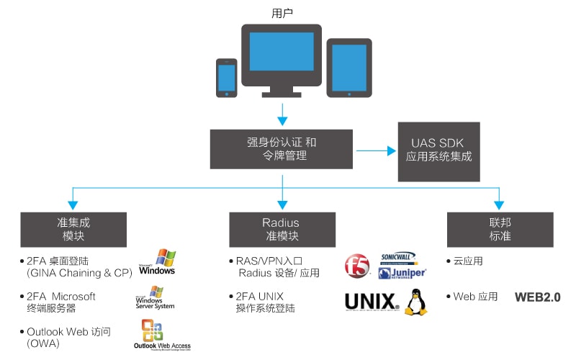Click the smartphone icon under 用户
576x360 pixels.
(227, 77)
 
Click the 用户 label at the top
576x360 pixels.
(282, 13)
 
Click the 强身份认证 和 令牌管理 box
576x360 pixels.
(282, 149)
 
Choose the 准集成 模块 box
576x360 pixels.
(73, 229)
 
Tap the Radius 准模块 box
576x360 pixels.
(282, 229)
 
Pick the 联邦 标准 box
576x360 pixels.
(500, 229)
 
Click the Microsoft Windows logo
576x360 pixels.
(158, 264)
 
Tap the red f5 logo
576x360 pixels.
(356, 266)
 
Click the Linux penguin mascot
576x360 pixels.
(415, 302)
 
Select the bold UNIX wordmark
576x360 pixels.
(372, 302)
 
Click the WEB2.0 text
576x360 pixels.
(537, 297)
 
